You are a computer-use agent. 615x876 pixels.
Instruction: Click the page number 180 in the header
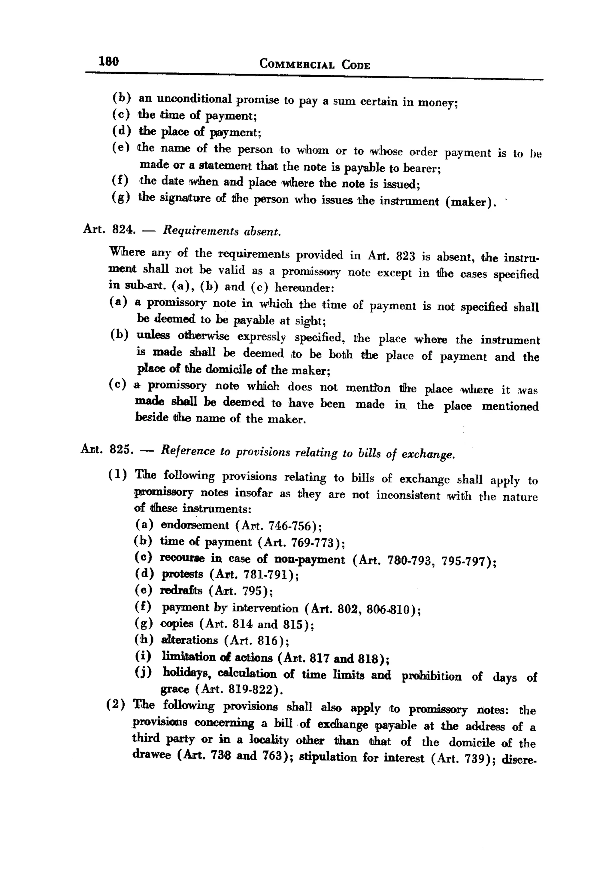109,61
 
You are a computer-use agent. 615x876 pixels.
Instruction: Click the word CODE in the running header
356,65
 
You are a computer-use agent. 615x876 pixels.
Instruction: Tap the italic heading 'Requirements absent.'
222,231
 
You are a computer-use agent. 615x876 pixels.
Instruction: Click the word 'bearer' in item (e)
420,168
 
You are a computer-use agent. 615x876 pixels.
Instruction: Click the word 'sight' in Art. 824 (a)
309,321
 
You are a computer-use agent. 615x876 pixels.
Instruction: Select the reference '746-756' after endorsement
292,526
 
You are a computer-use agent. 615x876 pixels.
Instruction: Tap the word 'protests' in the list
182,574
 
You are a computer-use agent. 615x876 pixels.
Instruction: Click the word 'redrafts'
181,591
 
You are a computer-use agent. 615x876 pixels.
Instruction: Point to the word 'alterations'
189,640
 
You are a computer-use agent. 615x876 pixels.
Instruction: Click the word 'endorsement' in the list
195,525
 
